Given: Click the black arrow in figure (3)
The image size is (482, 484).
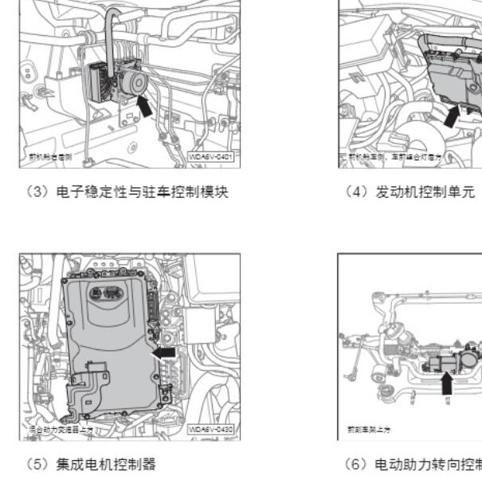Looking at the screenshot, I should (x=145, y=104).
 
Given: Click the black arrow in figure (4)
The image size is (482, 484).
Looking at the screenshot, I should (x=451, y=116).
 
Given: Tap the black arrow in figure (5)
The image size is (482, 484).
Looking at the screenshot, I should (x=164, y=351).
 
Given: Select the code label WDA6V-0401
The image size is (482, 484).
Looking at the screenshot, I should (x=210, y=158).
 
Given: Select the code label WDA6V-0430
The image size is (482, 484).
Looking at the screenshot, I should (x=210, y=429).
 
